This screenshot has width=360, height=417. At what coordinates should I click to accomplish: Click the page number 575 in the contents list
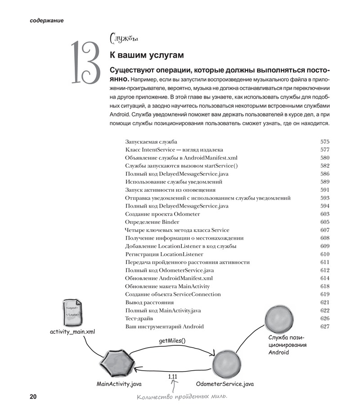coord(325,141)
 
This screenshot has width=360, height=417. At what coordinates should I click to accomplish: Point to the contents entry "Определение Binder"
coord(152,222)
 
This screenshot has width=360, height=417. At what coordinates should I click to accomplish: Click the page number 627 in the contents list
coord(325,326)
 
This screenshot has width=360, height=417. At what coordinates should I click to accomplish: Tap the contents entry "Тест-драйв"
coord(139,318)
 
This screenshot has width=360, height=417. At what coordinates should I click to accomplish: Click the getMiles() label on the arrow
coord(172,340)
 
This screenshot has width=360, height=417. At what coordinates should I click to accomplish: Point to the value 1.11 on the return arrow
coord(172,376)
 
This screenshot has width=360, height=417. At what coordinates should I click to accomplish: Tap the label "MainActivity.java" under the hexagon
coord(119,384)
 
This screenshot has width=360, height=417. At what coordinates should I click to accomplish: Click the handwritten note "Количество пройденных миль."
coord(182,397)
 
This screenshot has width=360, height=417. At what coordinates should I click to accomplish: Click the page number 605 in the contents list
coord(325,222)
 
